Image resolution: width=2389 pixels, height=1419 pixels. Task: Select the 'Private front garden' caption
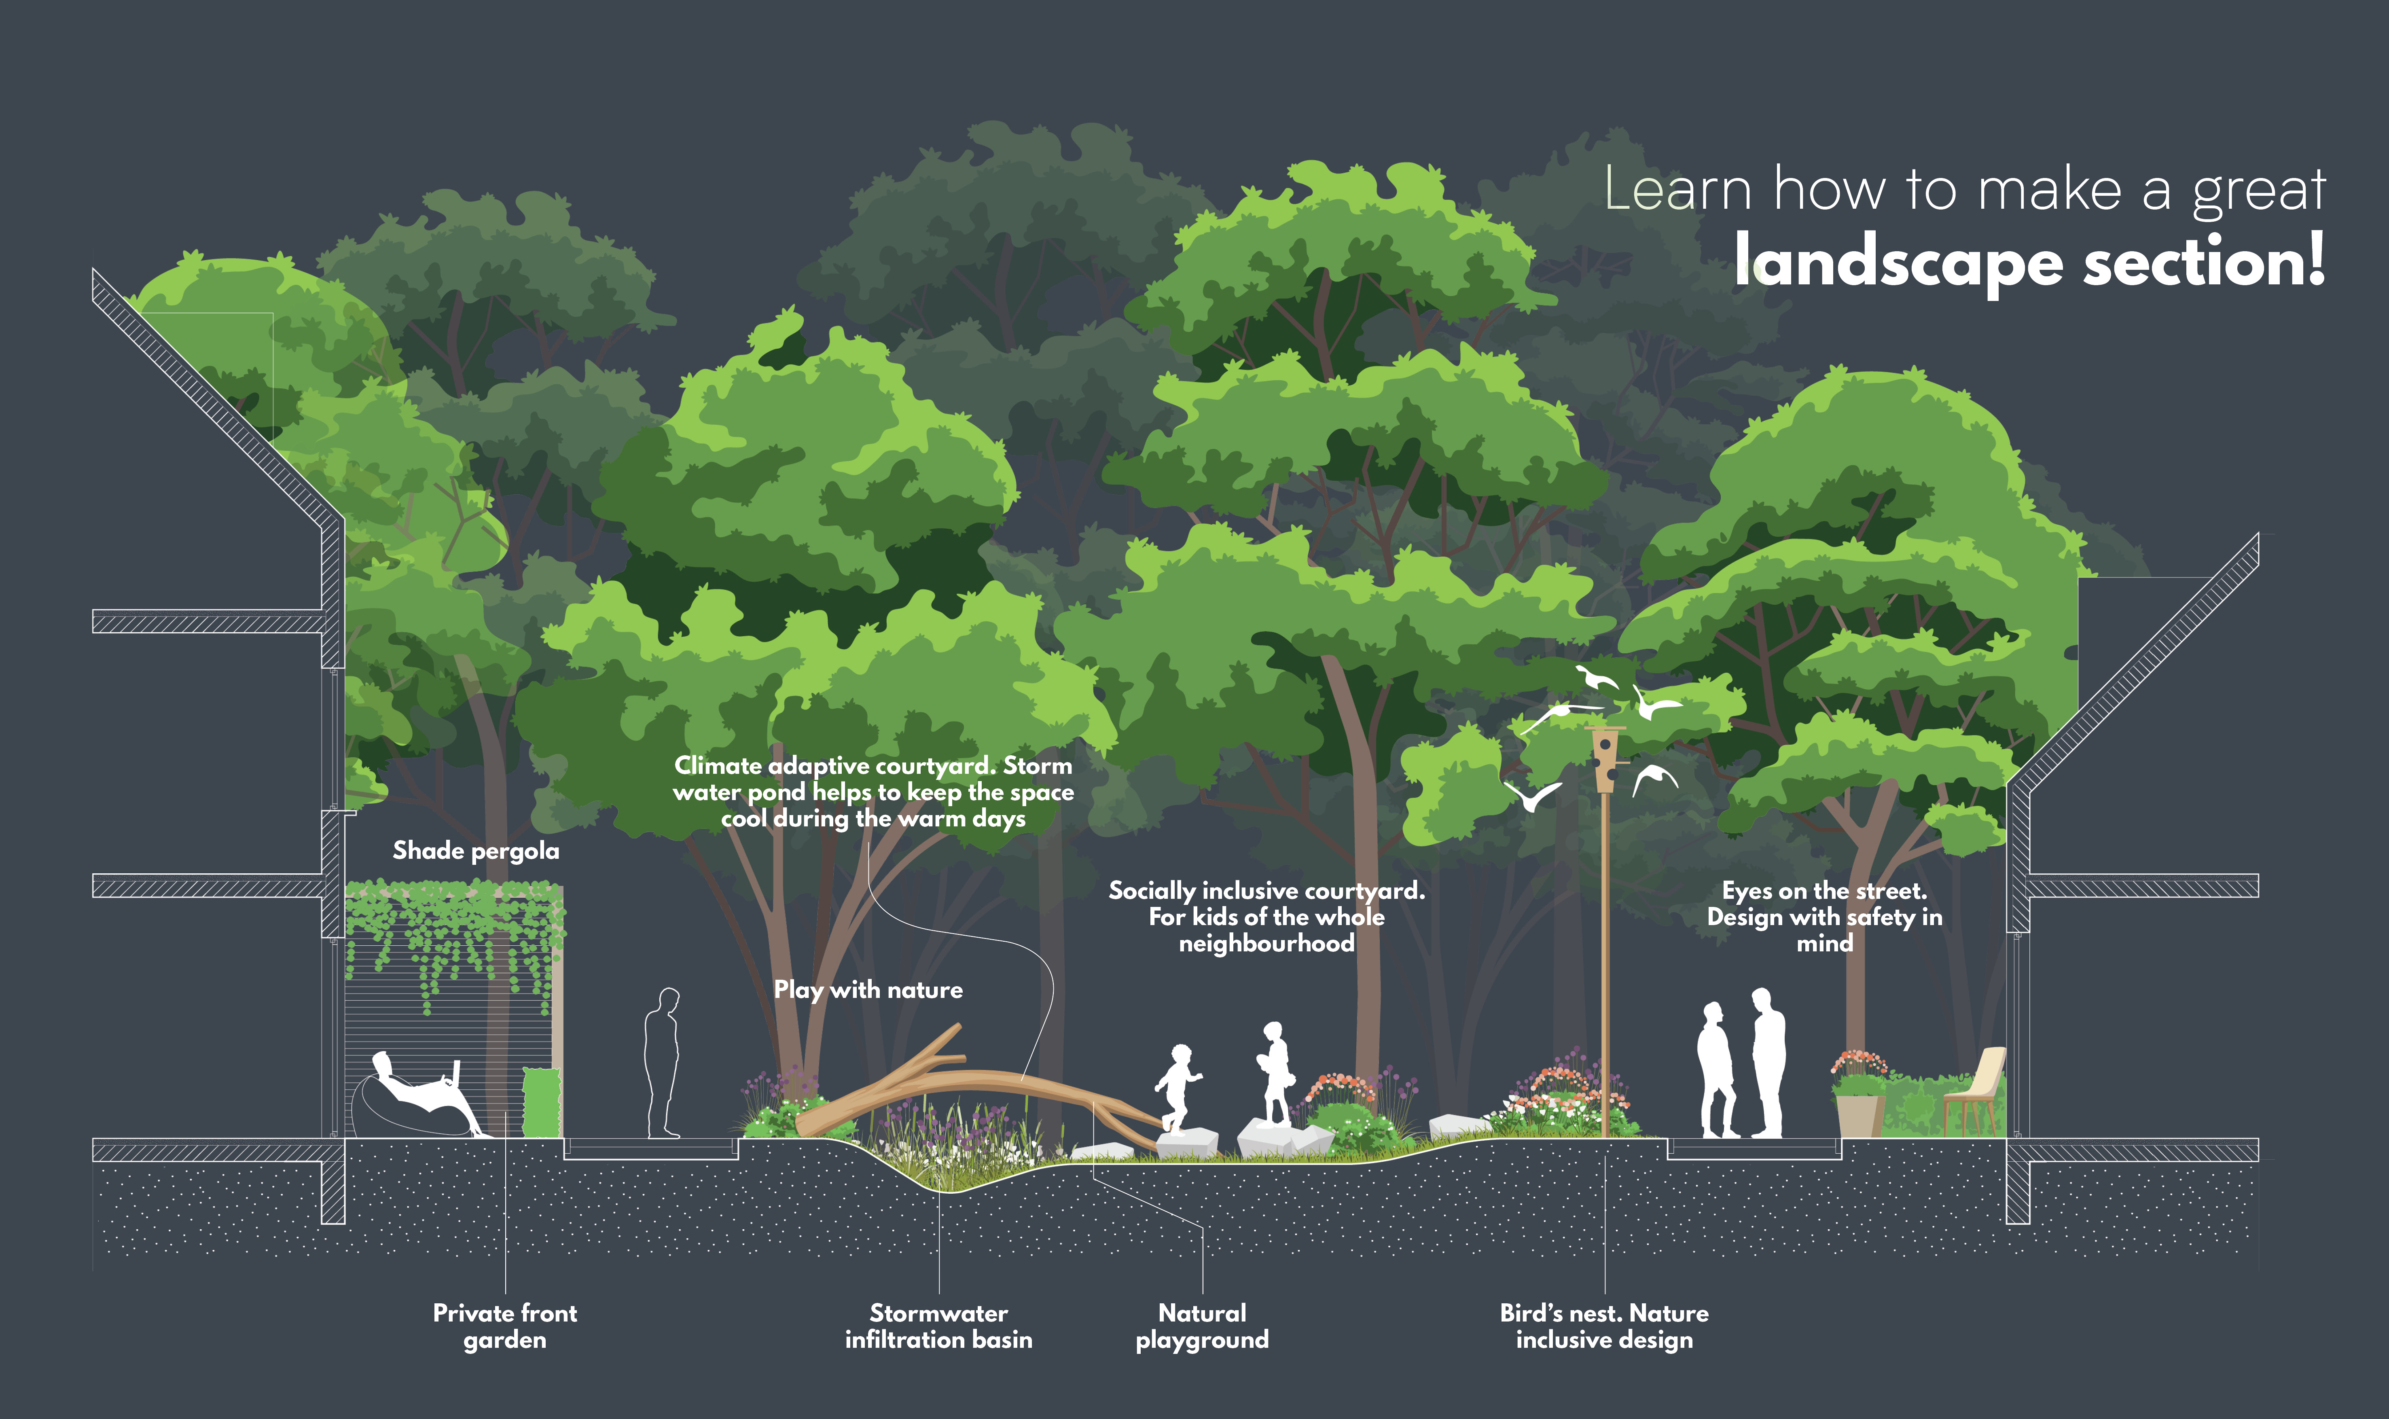pos(505,1326)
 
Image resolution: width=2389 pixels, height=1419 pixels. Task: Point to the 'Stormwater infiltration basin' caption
pos(938,1326)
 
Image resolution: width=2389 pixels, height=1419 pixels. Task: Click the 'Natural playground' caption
pos(1202,1326)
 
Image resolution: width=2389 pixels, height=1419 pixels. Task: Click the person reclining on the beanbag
pos(421,1095)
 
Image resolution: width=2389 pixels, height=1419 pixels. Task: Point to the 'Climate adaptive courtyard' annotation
pos(873,792)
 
